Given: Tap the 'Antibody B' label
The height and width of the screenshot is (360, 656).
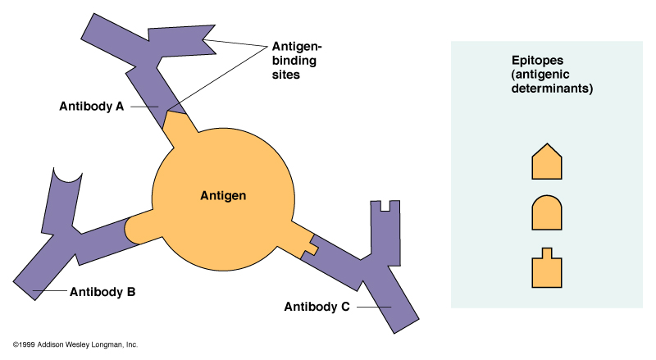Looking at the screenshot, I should pyautogui.click(x=102, y=291).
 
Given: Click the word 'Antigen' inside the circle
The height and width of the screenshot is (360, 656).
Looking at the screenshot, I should pyautogui.click(x=223, y=195).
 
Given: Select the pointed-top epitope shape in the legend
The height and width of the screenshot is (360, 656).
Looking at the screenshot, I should pyautogui.click(x=547, y=161).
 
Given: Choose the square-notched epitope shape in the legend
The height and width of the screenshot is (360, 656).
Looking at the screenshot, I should pyautogui.click(x=547, y=268).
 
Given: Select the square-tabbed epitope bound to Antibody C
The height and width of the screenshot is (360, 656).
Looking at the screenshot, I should pyautogui.click(x=307, y=245).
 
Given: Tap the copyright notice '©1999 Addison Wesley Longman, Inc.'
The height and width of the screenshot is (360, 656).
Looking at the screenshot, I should pyautogui.click(x=75, y=344).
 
